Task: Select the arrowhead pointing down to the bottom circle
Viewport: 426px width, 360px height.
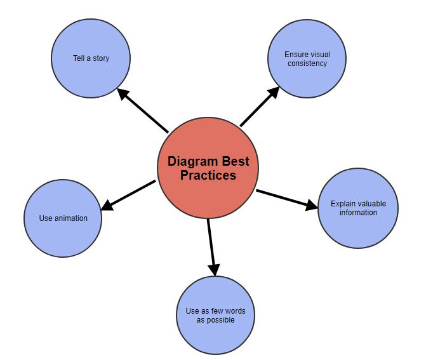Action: pos(215,269)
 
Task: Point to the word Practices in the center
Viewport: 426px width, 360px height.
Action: pos(208,175)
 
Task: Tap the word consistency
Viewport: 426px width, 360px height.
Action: pos(307,63)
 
